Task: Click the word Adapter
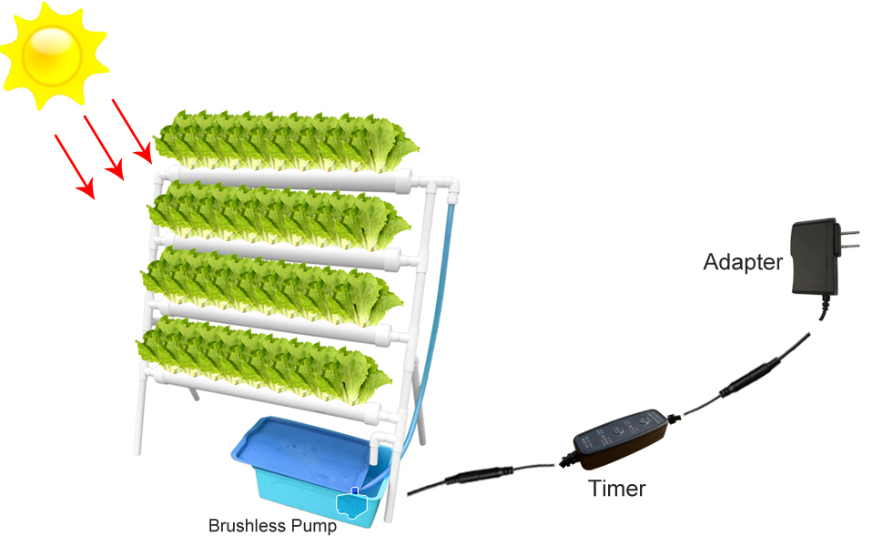[743, 262]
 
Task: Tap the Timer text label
[617, 489]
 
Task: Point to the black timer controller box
[621, 435]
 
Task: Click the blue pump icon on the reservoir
[351, 504]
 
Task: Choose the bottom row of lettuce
[264, 359]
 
